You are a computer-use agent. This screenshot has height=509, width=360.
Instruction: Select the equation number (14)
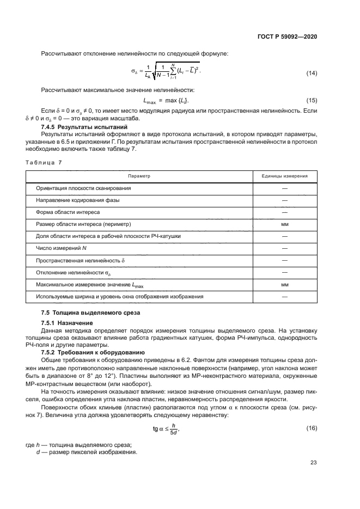312,73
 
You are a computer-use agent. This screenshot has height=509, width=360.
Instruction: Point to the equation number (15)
312,101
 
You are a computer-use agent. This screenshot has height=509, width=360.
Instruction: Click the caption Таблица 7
44,162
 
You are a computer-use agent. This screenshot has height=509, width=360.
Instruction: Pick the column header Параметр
139,176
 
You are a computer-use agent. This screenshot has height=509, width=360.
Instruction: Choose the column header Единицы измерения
284,176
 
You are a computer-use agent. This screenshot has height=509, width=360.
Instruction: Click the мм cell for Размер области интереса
284,224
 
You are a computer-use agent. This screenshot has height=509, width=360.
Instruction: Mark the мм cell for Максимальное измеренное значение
284,284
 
